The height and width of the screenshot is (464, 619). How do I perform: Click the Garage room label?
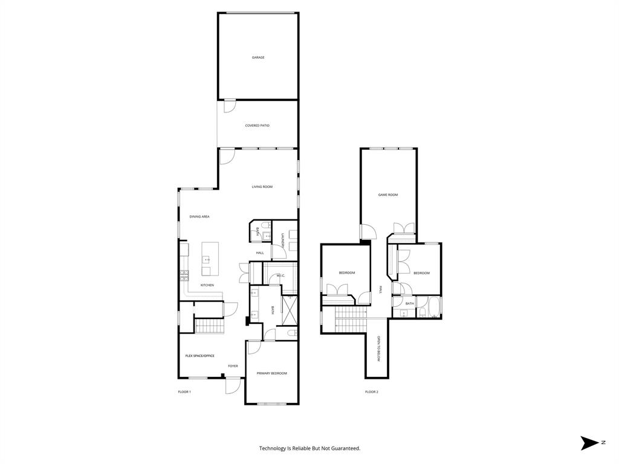[258, 57]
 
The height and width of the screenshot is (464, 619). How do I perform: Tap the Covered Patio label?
[257, 126]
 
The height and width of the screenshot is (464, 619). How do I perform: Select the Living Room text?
[262, 187]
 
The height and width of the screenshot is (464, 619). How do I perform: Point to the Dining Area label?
[199, 216]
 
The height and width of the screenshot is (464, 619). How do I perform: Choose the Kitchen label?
[207, 285]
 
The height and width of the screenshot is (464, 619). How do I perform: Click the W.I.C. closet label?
[280, 276]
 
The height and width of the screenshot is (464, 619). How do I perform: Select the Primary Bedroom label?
[271, 373]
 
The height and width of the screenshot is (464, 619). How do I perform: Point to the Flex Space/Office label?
[199, 356]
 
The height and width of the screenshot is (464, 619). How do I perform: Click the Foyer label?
[233, 366]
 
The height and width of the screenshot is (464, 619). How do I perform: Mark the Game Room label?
[388, 195]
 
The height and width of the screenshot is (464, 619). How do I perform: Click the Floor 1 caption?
[184, 392]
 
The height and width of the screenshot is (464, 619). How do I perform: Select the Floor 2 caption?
[371, 392]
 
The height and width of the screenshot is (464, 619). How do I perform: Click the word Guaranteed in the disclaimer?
[346, 448]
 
